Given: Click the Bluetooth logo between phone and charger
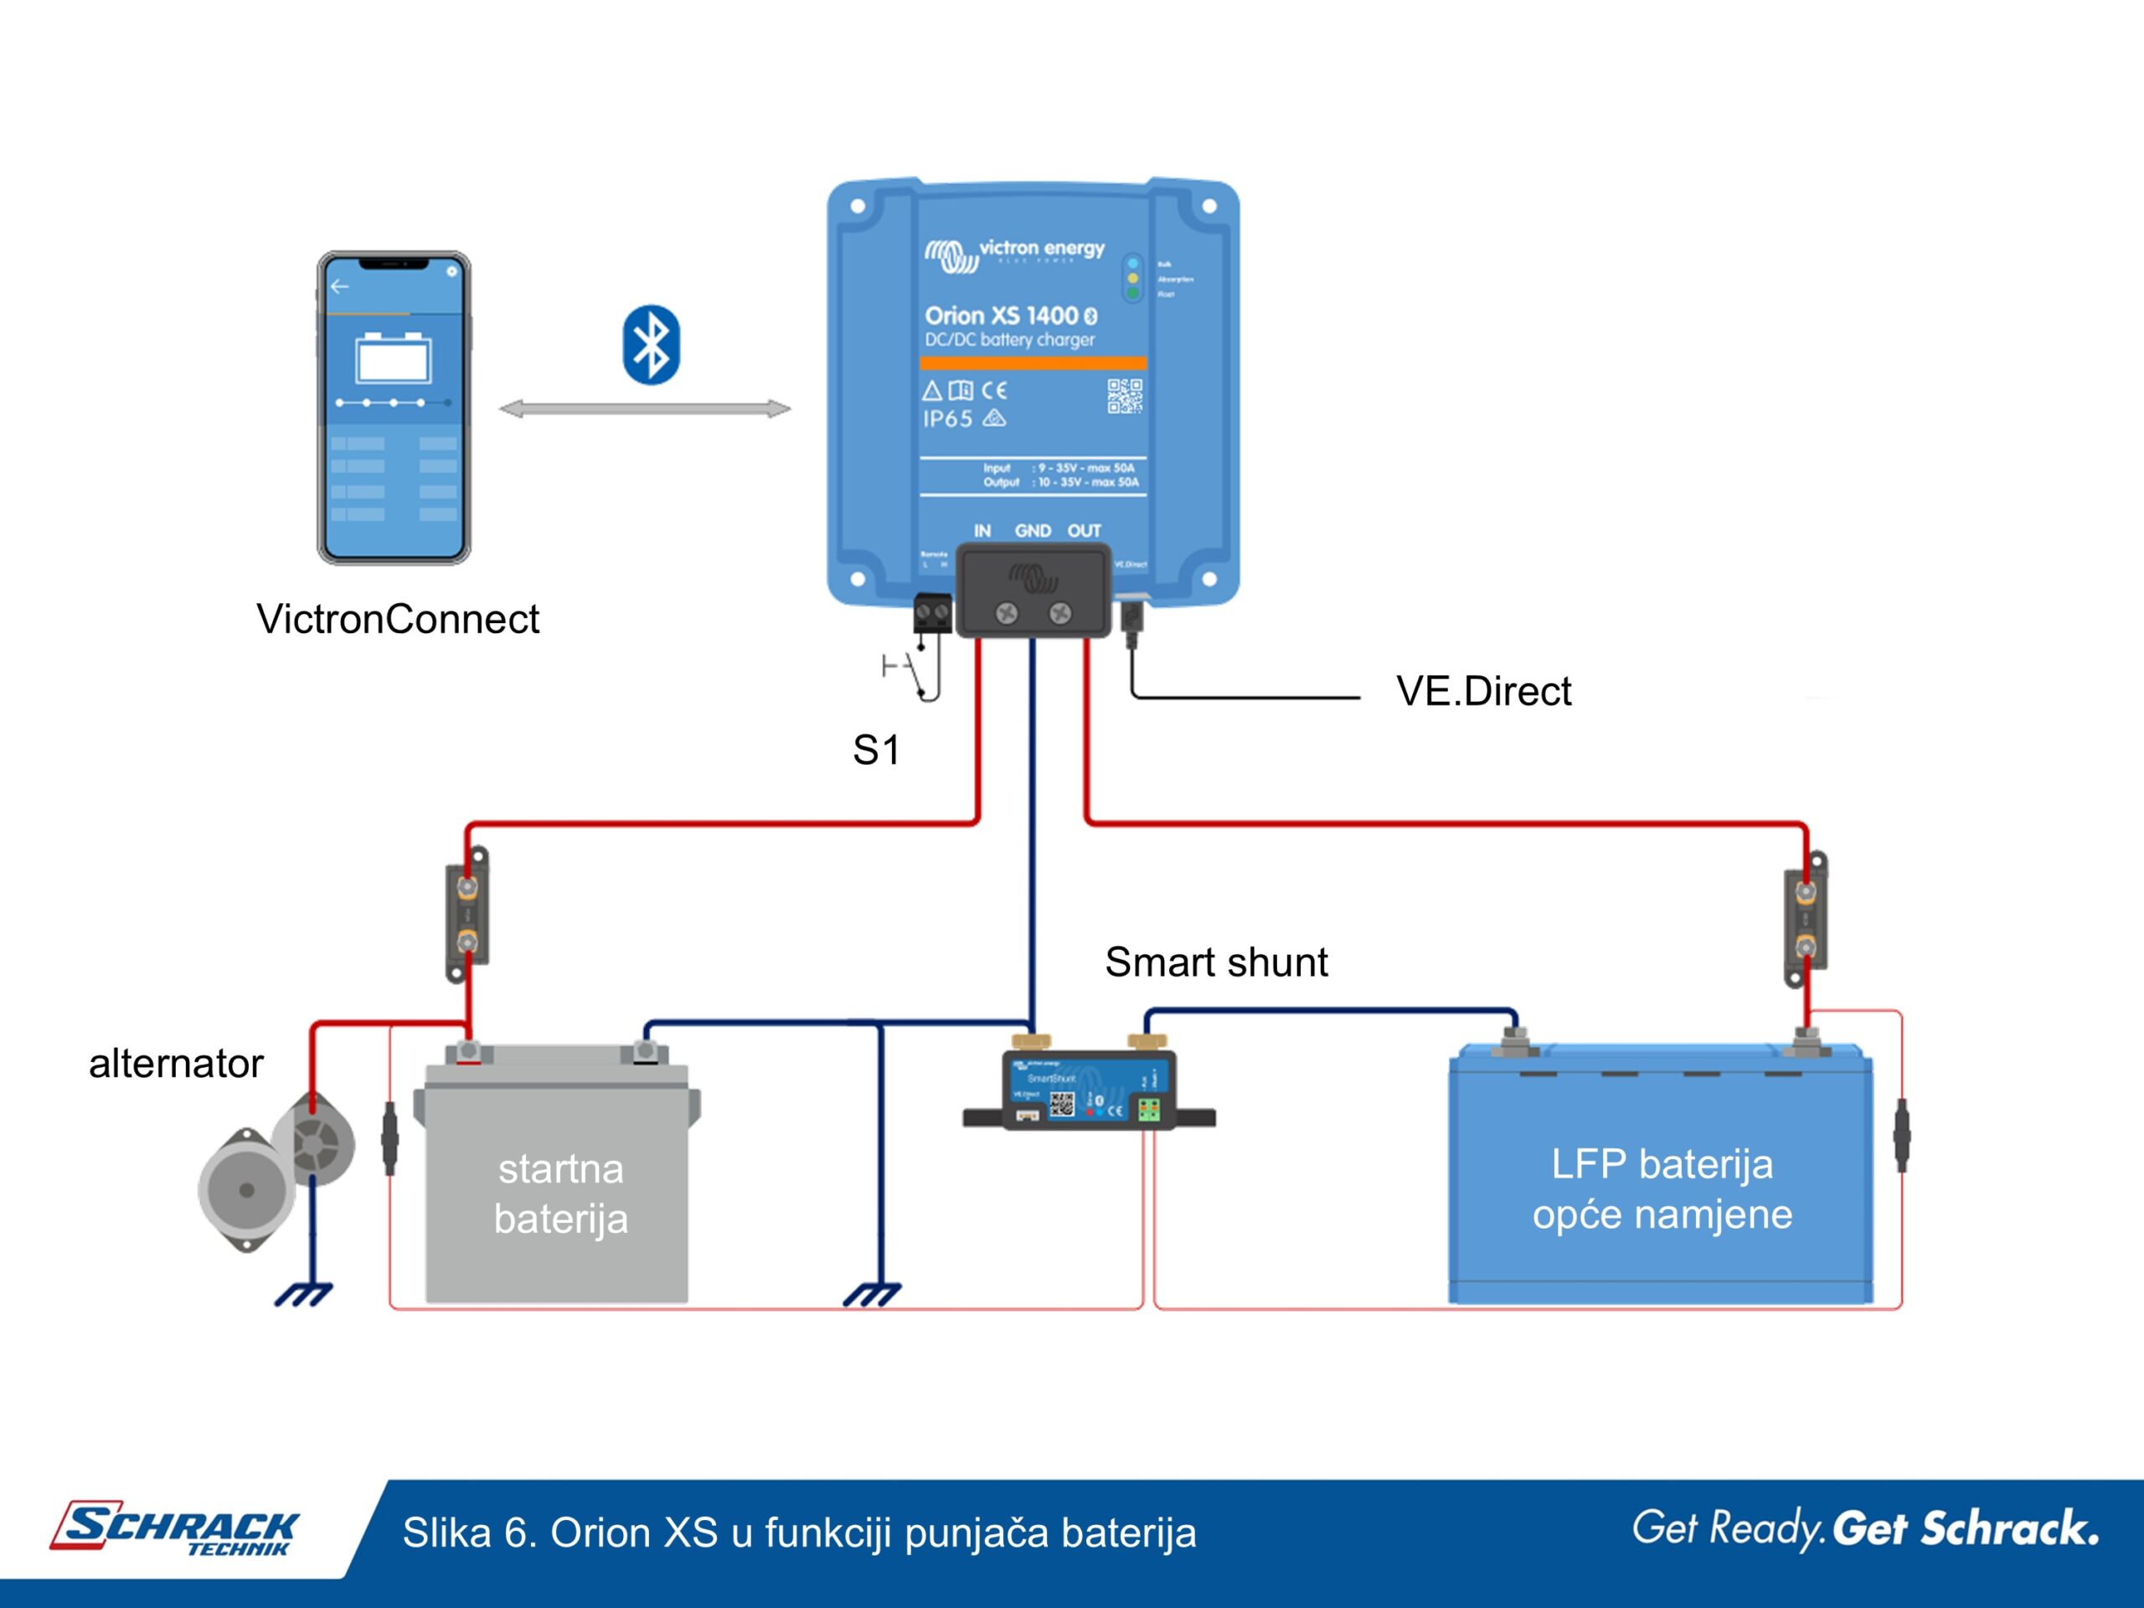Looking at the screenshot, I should click(651, 345).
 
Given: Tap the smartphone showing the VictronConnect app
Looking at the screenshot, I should click(394, 407).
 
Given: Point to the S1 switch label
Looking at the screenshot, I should click(876, 750).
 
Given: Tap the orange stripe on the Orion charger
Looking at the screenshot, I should click(1033, 363).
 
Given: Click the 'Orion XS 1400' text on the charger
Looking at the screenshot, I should click(1002, 316).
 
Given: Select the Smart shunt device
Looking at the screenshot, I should click(1089, 1090).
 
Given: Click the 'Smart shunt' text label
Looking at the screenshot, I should click(1215, 962).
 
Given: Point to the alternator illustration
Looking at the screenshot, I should click(276, 1168).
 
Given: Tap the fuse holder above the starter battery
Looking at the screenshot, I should click(467, 914).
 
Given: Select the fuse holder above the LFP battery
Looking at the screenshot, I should click(1806, 919).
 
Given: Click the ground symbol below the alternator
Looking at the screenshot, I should click(303, 1294).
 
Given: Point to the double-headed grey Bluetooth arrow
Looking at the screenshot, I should click(645, 409).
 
